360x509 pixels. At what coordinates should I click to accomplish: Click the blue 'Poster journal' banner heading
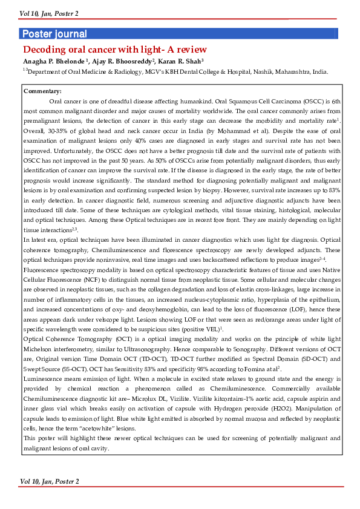click(54, 34)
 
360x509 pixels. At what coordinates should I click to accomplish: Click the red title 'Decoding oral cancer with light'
click(114, 49)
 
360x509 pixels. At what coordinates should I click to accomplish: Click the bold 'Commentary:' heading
click(42, 91)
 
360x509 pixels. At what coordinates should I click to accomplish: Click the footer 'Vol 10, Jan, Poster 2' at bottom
click(49, 481)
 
